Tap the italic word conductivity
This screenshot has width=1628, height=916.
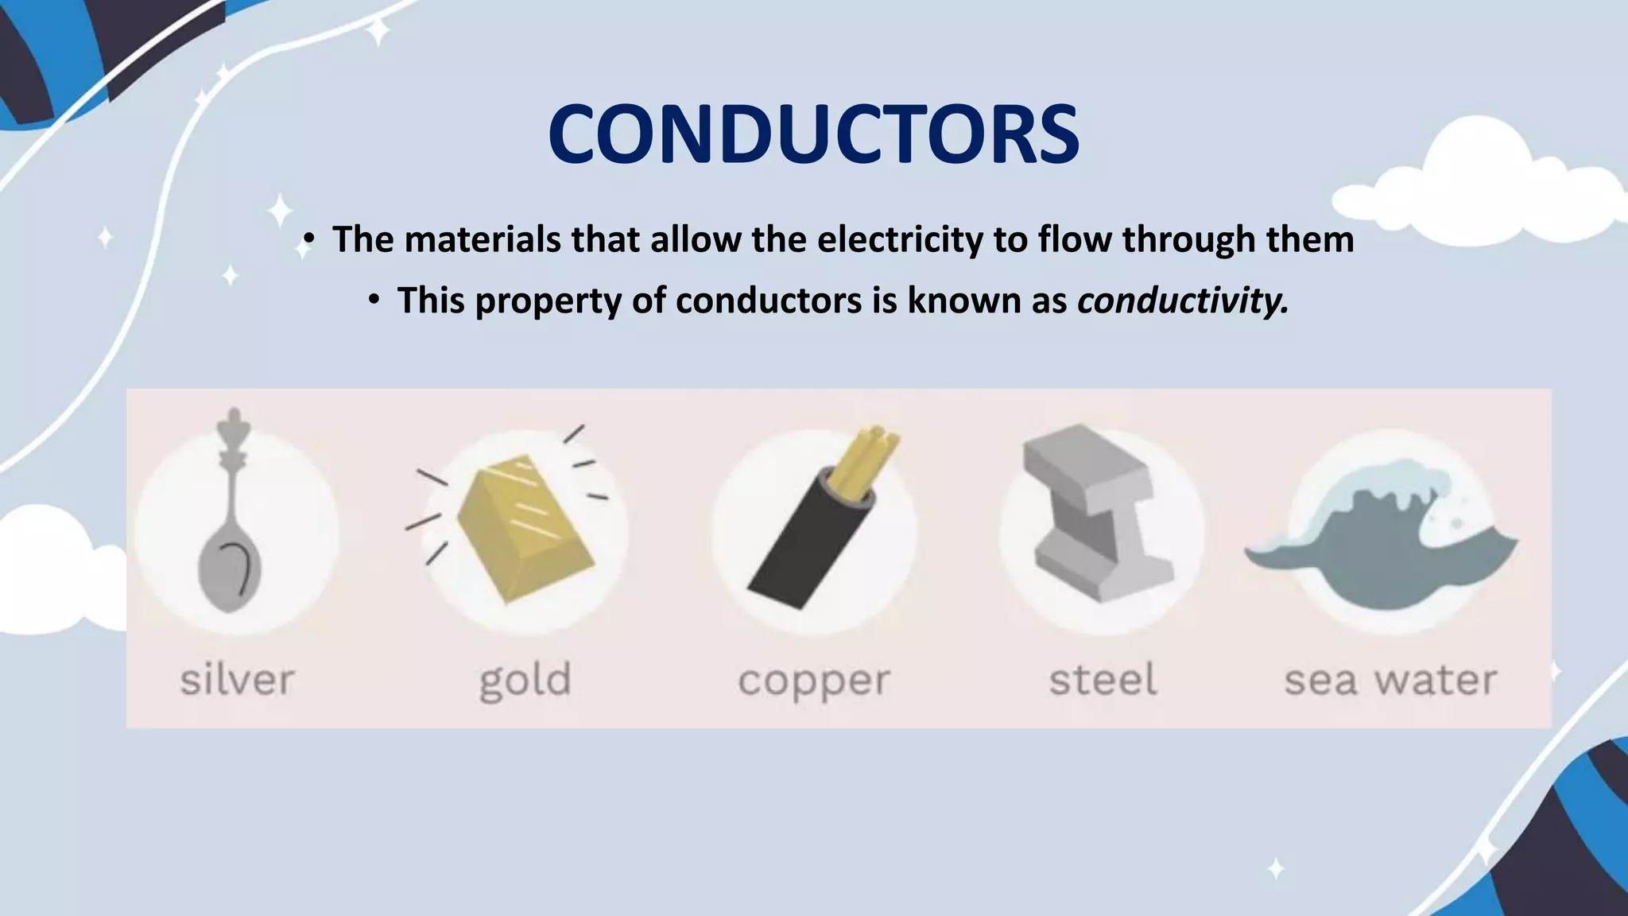(x=1182, y=301)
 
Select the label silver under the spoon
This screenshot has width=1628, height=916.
(x=237, y=681)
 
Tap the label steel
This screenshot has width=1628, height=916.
(x=1103, y=681)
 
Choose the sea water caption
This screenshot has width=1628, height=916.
(x=1391, y=681)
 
